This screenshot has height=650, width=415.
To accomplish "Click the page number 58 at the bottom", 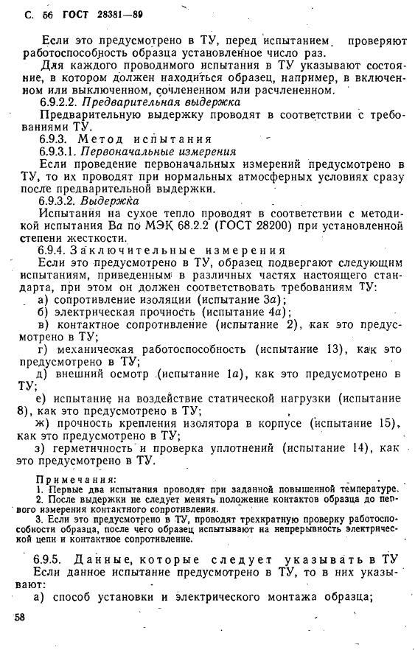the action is click(x=21, y=618).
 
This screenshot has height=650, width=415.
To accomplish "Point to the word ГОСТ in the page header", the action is click(x=76, y=14).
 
